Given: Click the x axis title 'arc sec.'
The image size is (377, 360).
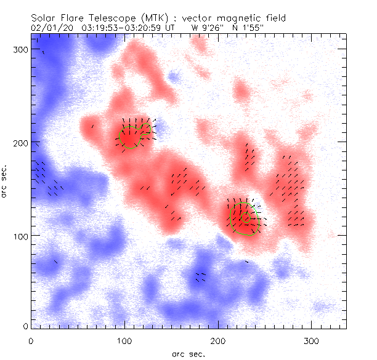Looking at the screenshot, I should [x=188, y=354].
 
